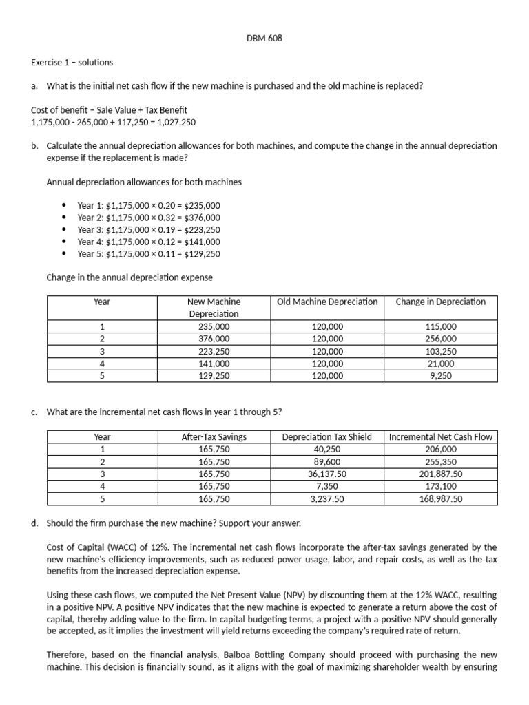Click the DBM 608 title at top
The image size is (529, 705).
click(264, 39)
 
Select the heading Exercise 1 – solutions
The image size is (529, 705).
click(72, 62)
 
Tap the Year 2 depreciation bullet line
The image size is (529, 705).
click(149, 218)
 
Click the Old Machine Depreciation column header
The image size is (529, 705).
click(327, 302)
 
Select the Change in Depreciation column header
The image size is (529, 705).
click(441, 302)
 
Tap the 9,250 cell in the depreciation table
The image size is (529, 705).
click(441, 376)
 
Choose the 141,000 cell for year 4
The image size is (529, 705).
click(214, 364)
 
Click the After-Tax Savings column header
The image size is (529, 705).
click(214, 436)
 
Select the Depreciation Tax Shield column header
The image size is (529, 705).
click(327, 436)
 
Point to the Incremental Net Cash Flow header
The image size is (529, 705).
click(441, 436)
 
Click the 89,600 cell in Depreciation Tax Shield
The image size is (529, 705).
click(327, 461)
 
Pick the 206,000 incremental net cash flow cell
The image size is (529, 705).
click(441, 449)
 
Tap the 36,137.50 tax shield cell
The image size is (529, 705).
click(327, 474)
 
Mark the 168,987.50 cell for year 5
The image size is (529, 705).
click(441, 498)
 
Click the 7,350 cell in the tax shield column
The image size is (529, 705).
click(327, 486)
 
